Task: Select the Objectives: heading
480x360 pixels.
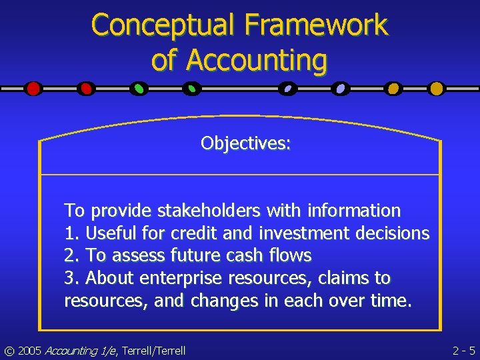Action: (245, 143)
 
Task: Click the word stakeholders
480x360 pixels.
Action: (209, 211)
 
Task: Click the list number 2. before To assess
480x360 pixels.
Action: (71, 255)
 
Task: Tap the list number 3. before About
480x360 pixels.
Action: (71, 278)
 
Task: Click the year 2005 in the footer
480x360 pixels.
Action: (29, 350)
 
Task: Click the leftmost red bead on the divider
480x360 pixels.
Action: (33, 88)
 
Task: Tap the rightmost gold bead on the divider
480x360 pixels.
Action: (436, 88)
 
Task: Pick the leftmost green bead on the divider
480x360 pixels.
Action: (139, 88)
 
